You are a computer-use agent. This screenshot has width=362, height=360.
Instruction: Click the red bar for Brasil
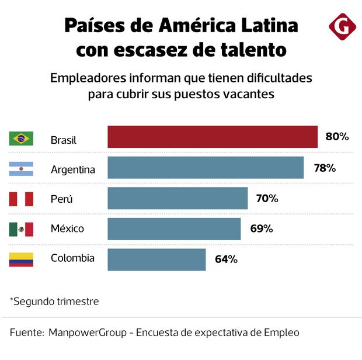click(213, 137)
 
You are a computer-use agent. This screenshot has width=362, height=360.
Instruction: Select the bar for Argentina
click(206, 168)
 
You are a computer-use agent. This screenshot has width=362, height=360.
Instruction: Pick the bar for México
click(174, 229)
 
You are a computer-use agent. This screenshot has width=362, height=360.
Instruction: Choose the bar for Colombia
click(156, 259)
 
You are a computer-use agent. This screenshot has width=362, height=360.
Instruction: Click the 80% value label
click(337, 137)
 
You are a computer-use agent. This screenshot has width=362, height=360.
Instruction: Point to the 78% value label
click(325, 168)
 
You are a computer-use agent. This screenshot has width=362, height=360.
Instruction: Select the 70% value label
click(267, 199)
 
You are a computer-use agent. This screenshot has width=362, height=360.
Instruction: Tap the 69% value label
click(262, 229)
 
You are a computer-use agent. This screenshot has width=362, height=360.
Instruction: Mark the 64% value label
click(225, 259)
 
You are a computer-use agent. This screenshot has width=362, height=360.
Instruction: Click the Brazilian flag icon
click(21, 139)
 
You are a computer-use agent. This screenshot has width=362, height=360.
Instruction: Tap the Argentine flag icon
click(21, 169)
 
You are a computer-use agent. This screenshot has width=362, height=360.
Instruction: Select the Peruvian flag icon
click(21, 199)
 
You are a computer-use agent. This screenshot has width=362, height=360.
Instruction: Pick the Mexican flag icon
click(21, 229)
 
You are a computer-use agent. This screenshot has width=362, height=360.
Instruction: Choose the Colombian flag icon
click(21, 259)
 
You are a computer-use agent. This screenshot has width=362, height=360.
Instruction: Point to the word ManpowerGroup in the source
click(88, 333)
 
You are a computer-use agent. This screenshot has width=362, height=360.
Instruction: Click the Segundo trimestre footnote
click(54, 302)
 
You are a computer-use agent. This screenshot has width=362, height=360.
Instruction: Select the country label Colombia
click(72, 258)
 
